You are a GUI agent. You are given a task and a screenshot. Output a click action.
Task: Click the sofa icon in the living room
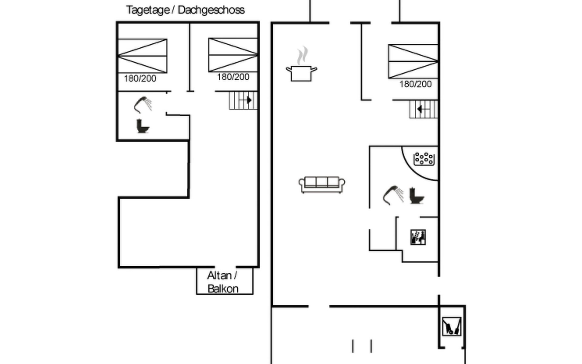[322, 184]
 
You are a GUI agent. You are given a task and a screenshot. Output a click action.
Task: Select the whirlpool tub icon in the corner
[424, 159]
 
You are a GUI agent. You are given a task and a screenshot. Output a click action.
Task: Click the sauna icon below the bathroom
[418, 237]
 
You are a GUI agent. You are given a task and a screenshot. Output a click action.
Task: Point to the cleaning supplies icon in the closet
[452, 326]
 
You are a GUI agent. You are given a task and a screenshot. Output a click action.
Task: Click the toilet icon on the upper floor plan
[143, 126]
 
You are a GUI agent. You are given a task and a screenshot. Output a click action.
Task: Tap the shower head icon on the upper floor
[143, 105]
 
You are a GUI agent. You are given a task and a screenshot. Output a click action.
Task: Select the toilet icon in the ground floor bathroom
[416, 196]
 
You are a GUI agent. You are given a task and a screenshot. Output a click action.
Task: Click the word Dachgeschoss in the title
[211, 10]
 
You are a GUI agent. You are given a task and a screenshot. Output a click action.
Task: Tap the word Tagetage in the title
[148, 10]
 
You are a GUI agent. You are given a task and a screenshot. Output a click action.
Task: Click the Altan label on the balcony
[219, 276]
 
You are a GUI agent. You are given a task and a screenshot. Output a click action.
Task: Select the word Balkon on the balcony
[223, 289]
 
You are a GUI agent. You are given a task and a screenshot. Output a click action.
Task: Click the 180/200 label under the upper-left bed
[140, 79]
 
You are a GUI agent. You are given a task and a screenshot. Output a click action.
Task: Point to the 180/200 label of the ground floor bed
[415, 84]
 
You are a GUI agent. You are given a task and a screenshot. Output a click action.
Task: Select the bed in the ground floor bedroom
[413, 62]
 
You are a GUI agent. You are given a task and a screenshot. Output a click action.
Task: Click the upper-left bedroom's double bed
[142, 56]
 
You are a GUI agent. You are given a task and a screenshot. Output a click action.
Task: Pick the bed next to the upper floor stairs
[233, 55]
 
